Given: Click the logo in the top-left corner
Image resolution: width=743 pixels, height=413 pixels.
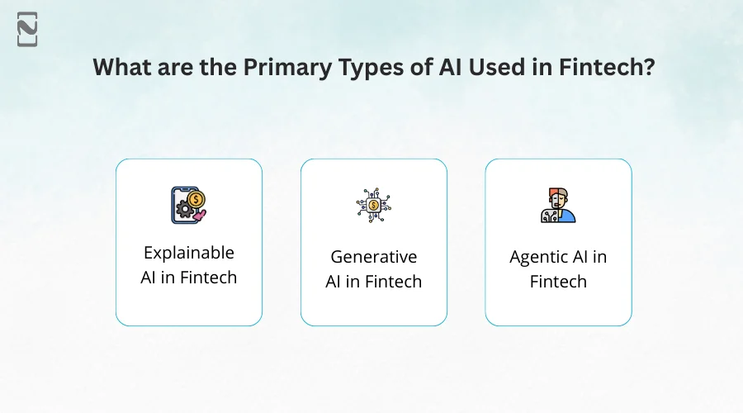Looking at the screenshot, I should pos(27,30).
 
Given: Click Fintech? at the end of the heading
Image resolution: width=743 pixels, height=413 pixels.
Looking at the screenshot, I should pos(608,68).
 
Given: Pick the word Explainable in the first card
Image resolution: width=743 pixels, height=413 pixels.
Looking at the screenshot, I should pos(189,253).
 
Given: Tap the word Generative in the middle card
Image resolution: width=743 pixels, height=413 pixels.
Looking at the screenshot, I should pos(374,256).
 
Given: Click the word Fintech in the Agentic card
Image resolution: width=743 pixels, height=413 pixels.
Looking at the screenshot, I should pos(558,282).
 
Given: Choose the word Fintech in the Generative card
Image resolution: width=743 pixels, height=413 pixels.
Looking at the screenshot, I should pos(391,282).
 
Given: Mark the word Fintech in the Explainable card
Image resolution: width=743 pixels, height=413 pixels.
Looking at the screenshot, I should pos(206,278).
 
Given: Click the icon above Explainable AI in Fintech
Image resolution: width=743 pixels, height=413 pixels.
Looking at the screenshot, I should pos(189,206).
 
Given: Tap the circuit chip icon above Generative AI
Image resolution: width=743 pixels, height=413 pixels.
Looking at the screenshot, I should pos(374,206).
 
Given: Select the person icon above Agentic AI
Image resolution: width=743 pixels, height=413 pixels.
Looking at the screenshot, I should pos(558,206).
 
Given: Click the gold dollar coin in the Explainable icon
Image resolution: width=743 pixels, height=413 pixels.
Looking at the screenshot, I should pos(196,199).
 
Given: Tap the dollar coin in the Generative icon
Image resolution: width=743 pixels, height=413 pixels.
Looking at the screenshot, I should pos(374,205).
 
